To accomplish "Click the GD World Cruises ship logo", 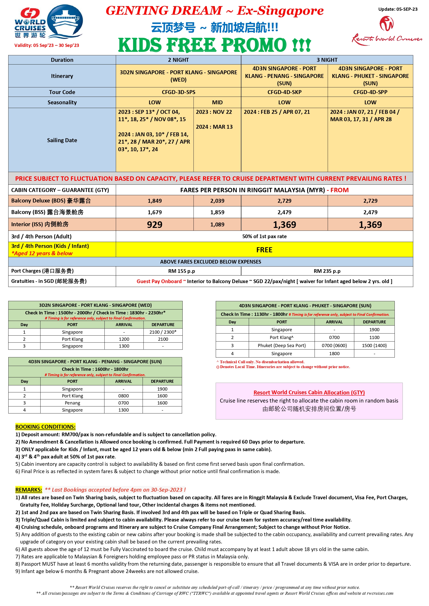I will pos(48,22).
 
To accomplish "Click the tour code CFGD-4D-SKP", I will pos(284,92).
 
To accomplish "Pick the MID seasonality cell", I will pos(217,102).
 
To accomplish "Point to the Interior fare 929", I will pos(155,225).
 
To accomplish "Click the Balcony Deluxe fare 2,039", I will pos(217,201).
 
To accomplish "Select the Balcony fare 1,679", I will pos(155,212).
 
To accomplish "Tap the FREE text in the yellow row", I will pos(264,250).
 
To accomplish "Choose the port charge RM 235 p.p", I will pos(327,271).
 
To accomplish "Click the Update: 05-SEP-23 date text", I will pos(397,9).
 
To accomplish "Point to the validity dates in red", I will pos(46,45).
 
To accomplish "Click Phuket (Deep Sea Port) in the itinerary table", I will pos(282,345).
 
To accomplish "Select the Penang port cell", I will pos(72,403).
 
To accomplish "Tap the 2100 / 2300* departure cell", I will pos(163,332).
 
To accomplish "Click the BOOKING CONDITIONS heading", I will pos(45,427).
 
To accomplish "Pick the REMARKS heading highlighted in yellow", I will pos(29,489).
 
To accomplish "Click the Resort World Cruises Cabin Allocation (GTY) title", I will pos(309,393).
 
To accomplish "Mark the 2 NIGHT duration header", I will pos(178,60).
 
